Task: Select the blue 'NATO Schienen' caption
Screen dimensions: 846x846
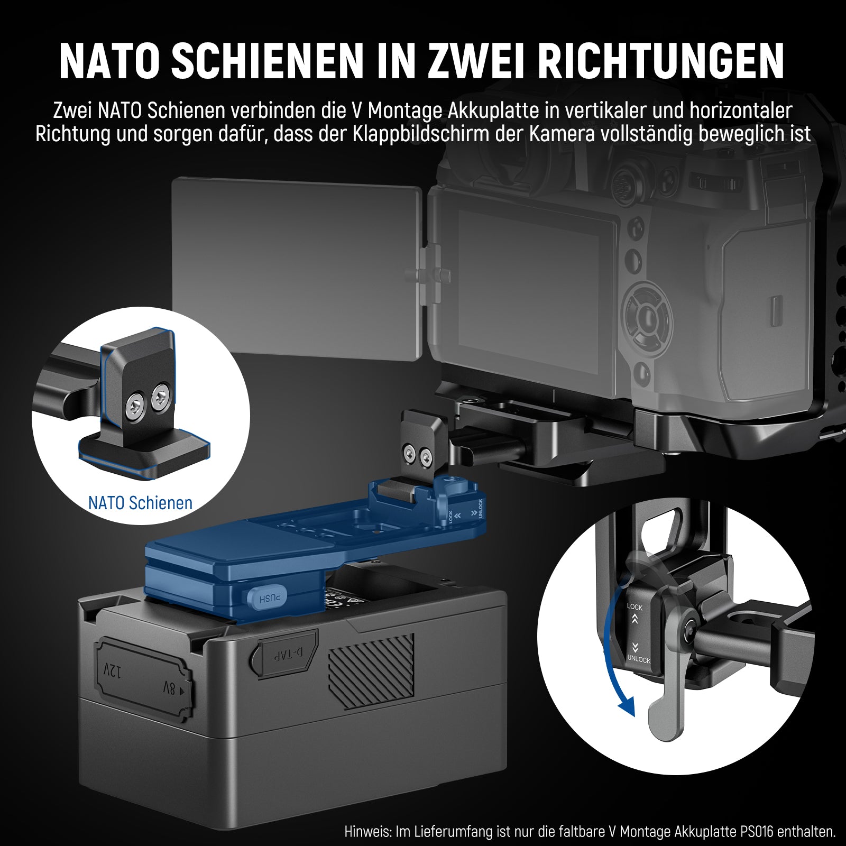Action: (x=140, y=502)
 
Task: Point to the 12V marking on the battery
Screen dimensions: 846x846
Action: (x=112, y=672)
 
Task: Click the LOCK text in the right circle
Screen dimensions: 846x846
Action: (x=635, y=607)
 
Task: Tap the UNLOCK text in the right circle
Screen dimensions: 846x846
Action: (x=638, y=659)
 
